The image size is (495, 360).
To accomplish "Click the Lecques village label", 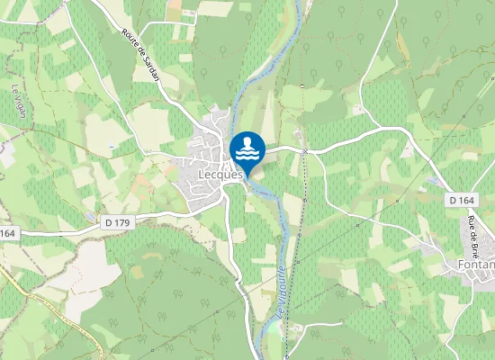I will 221,175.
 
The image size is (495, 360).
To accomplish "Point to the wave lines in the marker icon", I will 247,155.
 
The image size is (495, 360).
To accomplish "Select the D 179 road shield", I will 115,220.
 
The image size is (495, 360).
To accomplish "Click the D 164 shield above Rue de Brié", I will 461,200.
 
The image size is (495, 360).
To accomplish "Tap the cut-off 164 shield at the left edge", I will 8,233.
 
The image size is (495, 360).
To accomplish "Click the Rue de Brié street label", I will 473,236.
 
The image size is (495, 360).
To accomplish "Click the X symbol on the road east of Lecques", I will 306,151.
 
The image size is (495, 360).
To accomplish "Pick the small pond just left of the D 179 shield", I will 93,220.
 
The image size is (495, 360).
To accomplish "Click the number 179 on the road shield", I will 120,220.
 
